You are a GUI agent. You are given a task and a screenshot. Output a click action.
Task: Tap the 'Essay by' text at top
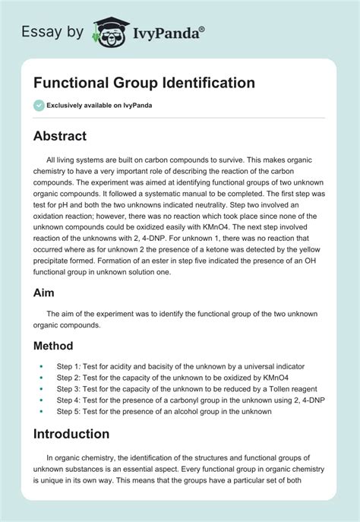[x=52, y=33]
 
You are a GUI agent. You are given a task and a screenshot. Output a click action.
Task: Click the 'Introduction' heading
[x=71, y=434]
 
